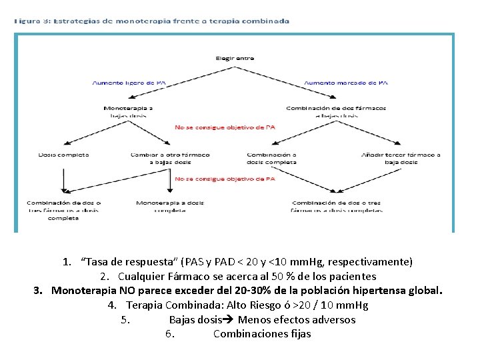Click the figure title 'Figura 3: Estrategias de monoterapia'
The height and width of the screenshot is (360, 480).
152,21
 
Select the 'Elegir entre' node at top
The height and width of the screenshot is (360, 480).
234,59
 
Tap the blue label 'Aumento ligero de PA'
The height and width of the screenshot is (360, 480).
129,83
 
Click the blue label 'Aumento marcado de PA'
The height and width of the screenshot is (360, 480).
345,83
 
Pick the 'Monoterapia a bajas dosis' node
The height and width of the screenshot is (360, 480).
128,111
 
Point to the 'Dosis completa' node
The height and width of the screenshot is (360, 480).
64,155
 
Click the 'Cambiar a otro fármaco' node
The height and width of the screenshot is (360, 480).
170,158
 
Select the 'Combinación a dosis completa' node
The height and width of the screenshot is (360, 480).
271,158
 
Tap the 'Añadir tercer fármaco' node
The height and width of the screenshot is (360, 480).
400,158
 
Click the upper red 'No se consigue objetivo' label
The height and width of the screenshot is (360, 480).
225,127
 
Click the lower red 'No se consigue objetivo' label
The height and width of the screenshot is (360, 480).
225,179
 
